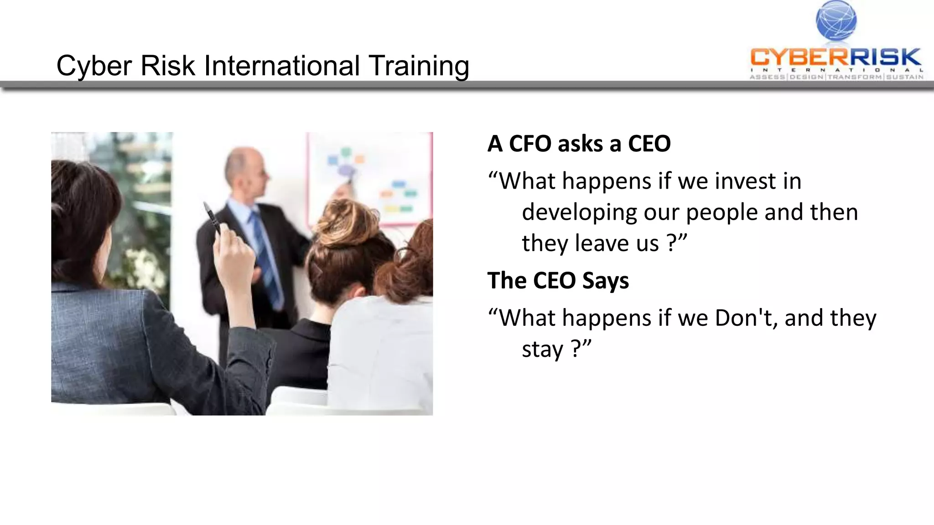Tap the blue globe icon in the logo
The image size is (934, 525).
coord(836,20)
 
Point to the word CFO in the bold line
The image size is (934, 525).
coord(530,144)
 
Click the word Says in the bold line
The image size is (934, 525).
coord(605,280)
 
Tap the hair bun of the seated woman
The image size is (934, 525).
coord(349,218)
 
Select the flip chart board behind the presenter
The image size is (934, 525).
coord(369,178)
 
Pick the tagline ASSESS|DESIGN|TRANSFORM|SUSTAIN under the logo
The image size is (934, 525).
coord(836,77)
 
